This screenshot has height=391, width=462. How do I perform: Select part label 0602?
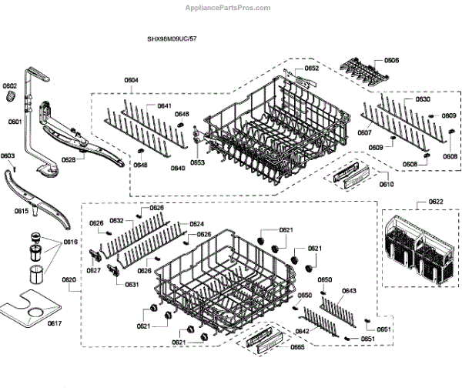click(x=9, y=86)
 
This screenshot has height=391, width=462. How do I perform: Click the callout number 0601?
click(x=15, y=122)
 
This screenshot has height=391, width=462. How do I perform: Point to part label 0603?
click(x=8, y=156)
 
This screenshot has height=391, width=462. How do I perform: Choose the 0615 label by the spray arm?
click(x=22, y=210)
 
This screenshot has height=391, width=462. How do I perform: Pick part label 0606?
click(x=391, y=60)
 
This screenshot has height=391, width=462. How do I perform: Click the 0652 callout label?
click(x=311, y=69)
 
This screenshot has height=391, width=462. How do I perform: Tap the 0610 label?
click(x=386, y=185)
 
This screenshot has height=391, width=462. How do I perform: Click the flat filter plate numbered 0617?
click(x=31, y=308)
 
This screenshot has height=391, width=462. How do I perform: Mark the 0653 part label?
click(x=197, y=162)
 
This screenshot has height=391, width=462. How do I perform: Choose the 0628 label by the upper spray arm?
click(x=69, y=160)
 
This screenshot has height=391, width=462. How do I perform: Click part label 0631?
click(x=132, y=284)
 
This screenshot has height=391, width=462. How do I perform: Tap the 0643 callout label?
click(x=349, y=291)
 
